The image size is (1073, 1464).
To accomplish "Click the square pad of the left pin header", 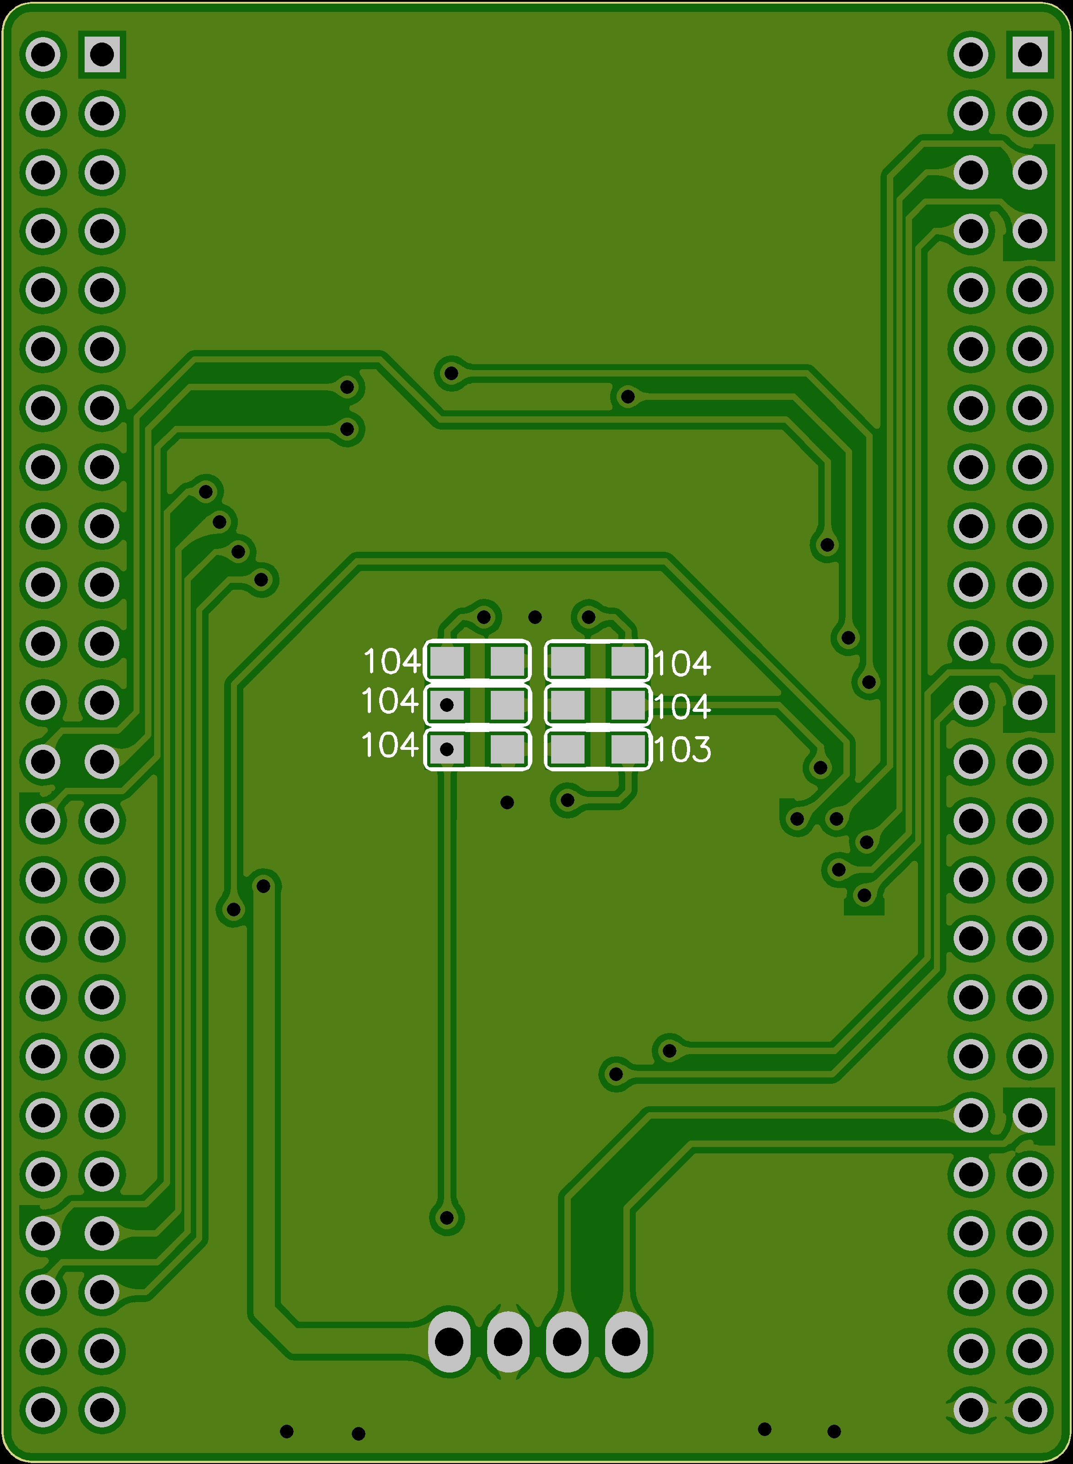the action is pyautogui.click(x=102, y=54).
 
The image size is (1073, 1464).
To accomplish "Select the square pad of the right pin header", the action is pyautogui.click(x=1030, y=54).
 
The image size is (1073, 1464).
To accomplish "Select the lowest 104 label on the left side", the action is pyautogui.click(x=390, y=745).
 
